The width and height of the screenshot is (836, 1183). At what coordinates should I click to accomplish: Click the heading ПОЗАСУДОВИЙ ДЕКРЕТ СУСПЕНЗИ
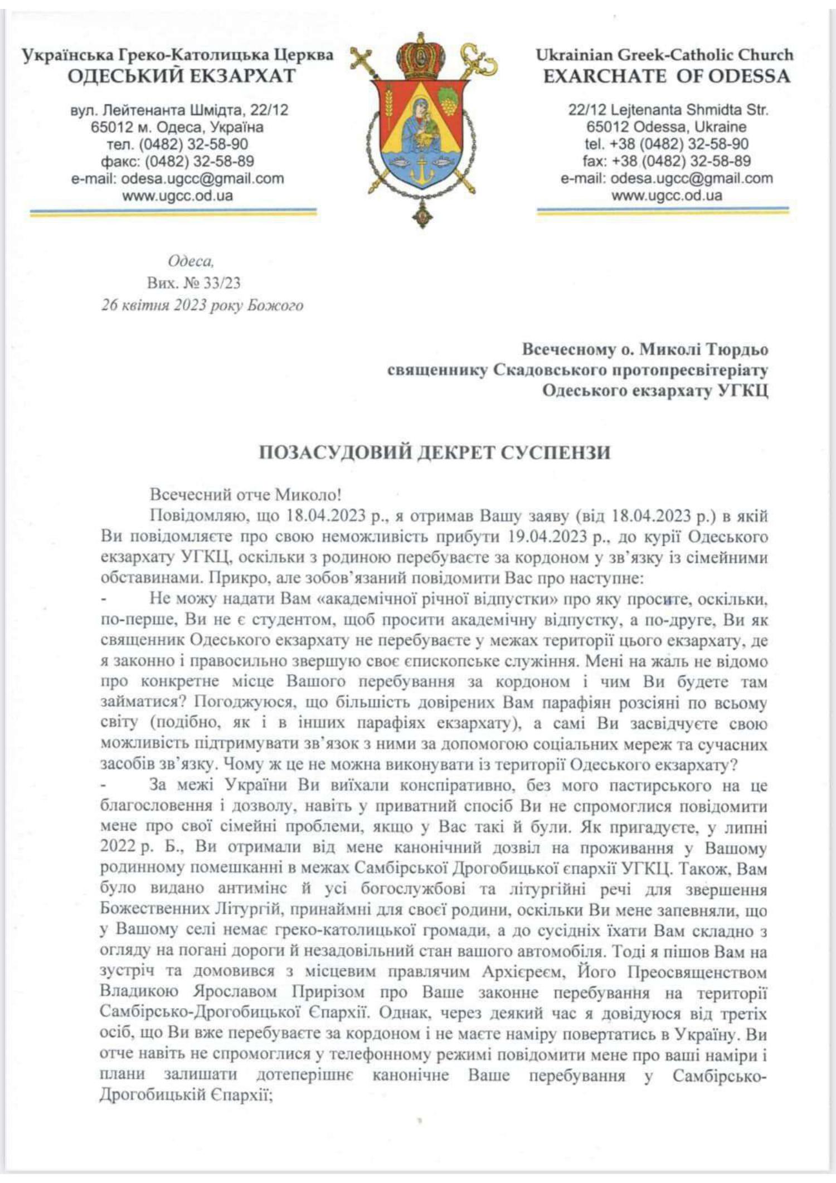pyautogui.click(x=434, y=452)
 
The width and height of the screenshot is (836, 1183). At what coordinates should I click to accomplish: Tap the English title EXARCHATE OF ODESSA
pyautogui.click(x=667, y=76)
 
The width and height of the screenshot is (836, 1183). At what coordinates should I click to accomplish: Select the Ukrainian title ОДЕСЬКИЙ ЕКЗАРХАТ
pyautogui.click(x=182, y=76)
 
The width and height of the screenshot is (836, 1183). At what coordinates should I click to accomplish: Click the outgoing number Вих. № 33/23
pyautogui.click(x=193, y=283)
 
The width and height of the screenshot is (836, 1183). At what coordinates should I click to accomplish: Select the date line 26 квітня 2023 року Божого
pyautogui.click(x=202, y=305)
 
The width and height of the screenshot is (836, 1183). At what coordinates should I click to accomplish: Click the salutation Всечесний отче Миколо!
pyautogui.click(x=246, y=494)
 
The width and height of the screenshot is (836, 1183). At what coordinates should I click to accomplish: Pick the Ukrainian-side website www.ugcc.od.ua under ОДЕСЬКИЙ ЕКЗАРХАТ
pyautogui.click(x=177, y=196)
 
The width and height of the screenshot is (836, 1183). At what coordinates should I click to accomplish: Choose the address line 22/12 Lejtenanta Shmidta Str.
pyautogui.click(x=668, y=110)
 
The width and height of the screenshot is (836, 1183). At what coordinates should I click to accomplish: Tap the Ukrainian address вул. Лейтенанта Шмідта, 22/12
pyautogui.click(x=179, y=110)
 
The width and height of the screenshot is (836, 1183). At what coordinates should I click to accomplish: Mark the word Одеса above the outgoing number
pyautogui.click(x=191, y=261)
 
